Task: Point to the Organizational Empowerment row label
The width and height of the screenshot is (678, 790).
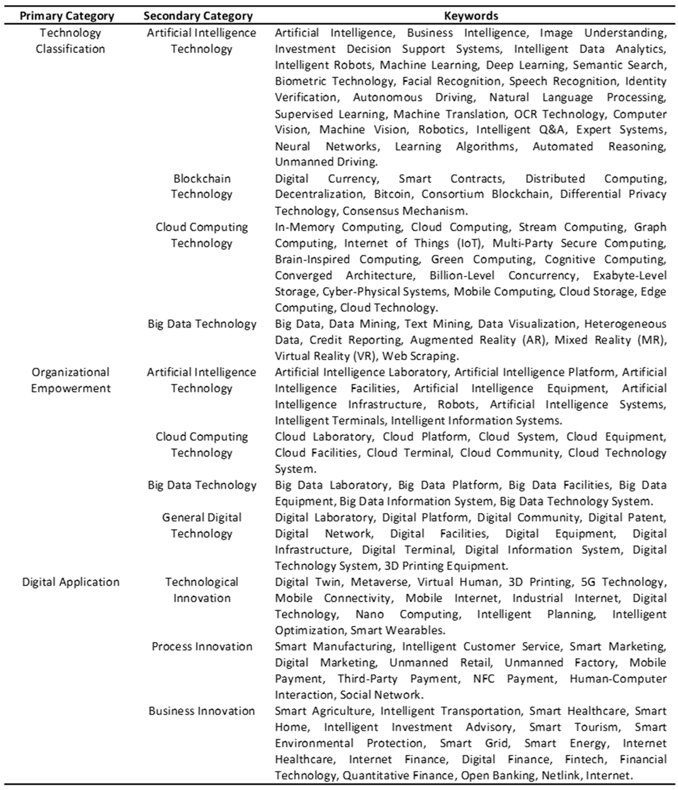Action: [70, 380]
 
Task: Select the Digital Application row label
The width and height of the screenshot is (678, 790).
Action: [70, 582]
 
